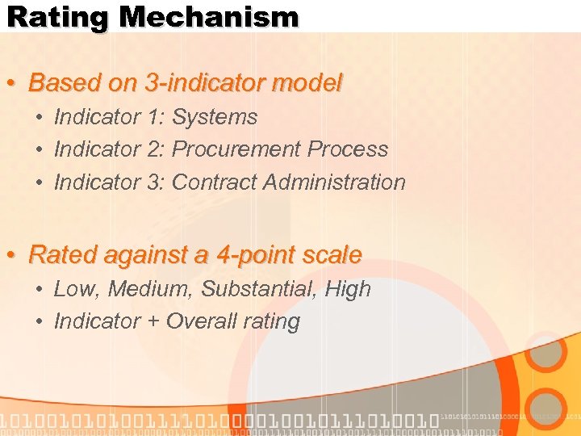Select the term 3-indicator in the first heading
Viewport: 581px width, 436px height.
[187, 82]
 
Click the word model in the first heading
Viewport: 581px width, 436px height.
[310, 82]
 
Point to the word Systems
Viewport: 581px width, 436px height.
[215, 117]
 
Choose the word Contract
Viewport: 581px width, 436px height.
[212, 182]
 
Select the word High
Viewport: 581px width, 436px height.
[348, 289]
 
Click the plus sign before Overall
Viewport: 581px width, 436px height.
[153, 322]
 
